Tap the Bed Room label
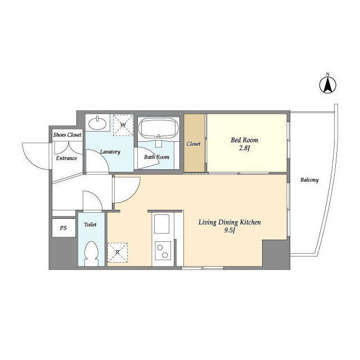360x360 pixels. (245, 140)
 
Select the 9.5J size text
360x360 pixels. (229, 231)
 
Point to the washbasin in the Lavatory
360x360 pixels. (97, 123)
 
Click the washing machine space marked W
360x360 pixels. (123, 125)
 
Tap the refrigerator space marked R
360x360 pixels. (118, 253)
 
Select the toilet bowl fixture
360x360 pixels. (91, 254)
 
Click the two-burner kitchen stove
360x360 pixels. (163, 251)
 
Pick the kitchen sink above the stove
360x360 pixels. (161, 224)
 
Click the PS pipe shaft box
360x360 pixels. (64, 228)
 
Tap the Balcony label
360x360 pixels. (309, 180)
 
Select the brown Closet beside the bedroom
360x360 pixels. (194, 143)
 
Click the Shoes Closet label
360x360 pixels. (67, 135)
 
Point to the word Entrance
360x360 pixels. (66, 158)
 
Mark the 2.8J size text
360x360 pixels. (244, 148)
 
